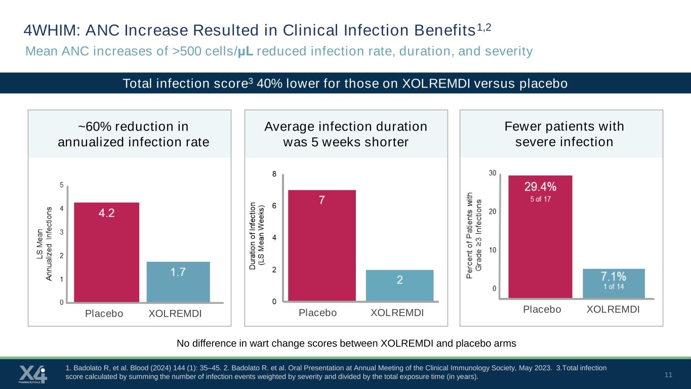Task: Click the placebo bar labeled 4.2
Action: [x=106, y=252]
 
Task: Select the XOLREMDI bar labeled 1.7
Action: [x=178, y=282]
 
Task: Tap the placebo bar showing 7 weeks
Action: [x=322, y=246]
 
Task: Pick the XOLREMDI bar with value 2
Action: [x=399, y=286]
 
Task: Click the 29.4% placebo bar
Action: [x=540, y=237]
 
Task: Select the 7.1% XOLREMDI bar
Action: [x=614, y=284]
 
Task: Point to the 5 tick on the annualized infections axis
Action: [x=62, y=185]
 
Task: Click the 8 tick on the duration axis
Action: [x=274, y=174]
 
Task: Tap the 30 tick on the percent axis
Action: [x=493, y=173]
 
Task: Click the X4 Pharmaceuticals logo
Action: [x=33, y=374]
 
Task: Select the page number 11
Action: [x=668, y=375]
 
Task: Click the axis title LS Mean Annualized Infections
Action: [x=44, y=244]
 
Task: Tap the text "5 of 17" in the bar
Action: [x=540, y=199]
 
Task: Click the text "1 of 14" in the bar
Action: [x=614, y=287]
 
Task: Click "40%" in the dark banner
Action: [x=269, y=84]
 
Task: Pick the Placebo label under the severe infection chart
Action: [x=542, y=309]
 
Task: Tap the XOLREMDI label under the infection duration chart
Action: [x=397, y=313]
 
